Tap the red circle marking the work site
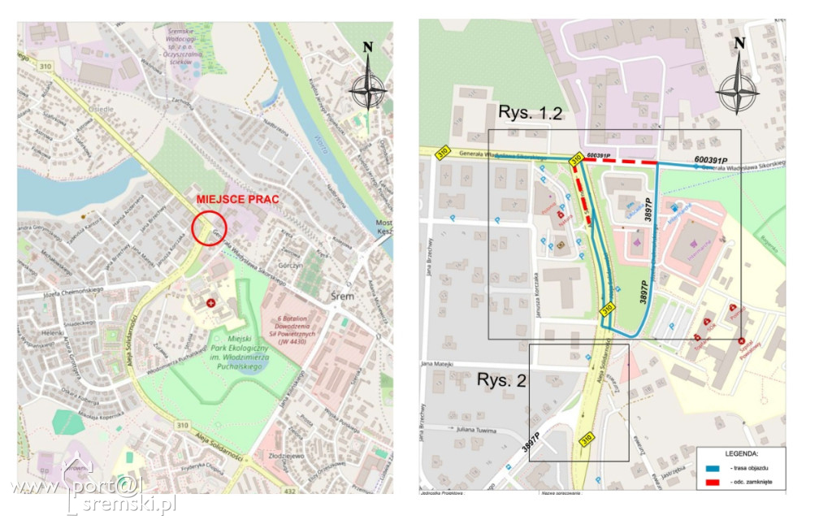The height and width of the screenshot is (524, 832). click(x=209, y=227)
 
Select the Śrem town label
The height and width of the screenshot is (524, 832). click(x=343, y=296)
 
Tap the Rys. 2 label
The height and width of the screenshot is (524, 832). click(x=502, y=379)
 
